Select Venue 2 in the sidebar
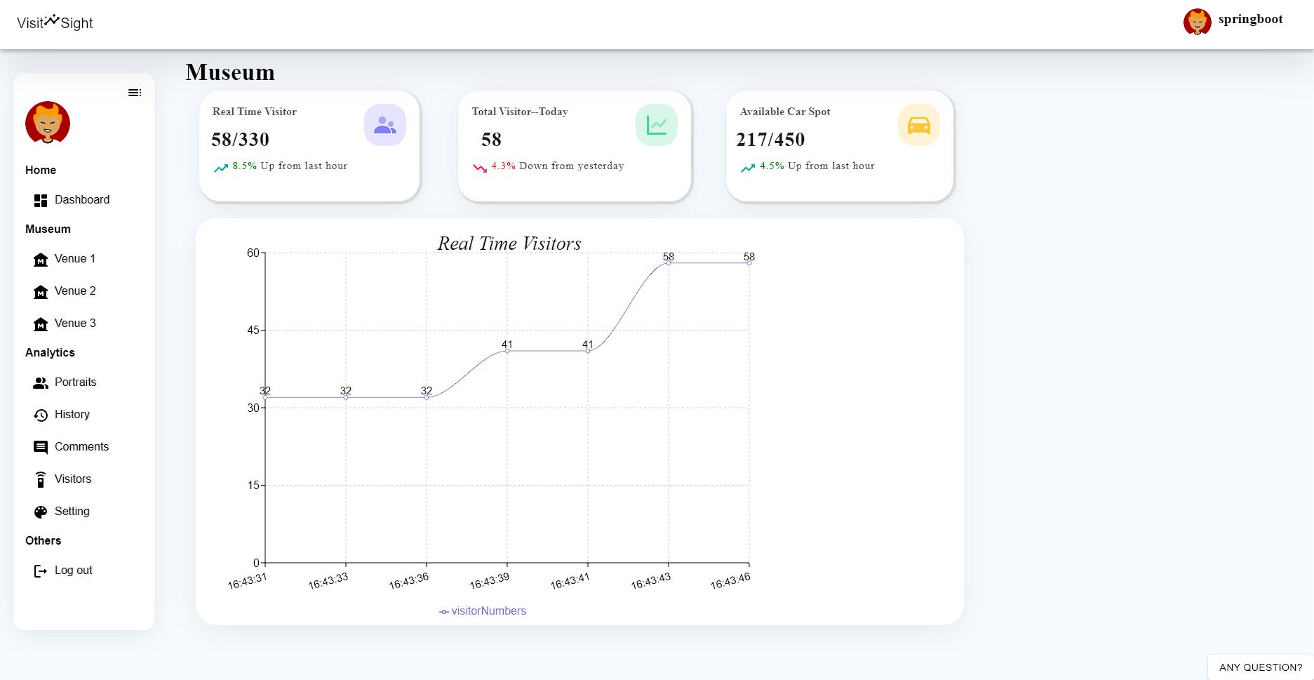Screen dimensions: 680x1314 point(74,291)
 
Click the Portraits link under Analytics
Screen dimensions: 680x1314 point(75,382)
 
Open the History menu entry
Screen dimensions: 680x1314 point(72,415)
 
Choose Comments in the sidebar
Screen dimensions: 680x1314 point(81,447)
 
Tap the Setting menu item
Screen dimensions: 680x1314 point(72,512)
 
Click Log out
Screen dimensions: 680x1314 point(73,571)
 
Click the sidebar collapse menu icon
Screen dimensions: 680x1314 point(135,93)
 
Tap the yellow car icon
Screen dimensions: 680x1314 point(918,126)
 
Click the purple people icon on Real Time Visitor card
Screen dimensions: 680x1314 point(385,126)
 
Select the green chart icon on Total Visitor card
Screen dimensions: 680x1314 point(656,126)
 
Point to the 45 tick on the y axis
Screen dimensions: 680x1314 point(253,331)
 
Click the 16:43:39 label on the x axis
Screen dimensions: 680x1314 point(489,582)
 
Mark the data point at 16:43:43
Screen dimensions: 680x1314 point(669,263)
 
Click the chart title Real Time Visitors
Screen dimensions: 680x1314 point(509,244)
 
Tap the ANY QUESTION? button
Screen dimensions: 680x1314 point(1261,667)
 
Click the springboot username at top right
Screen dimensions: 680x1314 point(1250,20)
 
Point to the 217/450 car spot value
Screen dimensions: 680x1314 point(770,140)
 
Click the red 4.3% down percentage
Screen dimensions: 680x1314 point(503,166)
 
